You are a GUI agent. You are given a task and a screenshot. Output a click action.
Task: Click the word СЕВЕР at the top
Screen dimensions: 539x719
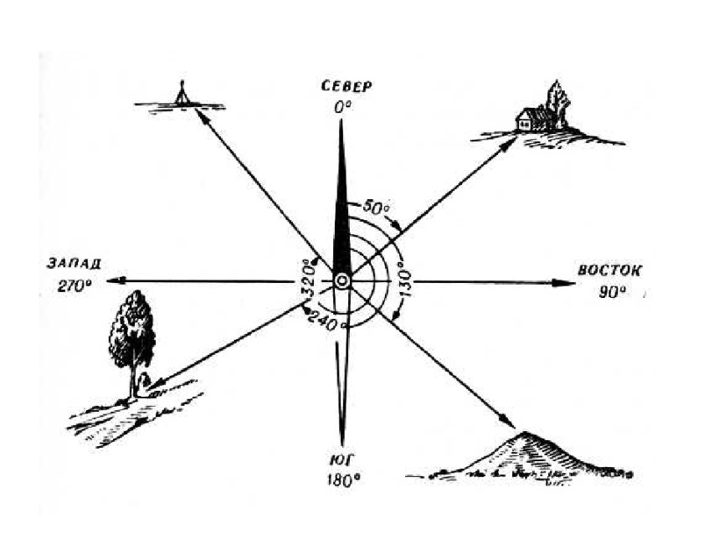click(x=347, y=86)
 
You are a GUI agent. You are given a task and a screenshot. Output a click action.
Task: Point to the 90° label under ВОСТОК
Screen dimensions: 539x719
click(x=609, y=292)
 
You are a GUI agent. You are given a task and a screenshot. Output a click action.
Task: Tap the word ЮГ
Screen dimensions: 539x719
click(x=343, y=461)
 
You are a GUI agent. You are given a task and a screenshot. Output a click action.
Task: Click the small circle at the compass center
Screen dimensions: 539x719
click(x=342, y=280)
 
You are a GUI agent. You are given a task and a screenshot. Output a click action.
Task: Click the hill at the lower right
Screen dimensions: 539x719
click(x=526, y=456)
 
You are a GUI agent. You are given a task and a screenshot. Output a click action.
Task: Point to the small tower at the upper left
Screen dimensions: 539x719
click(x=182, y=93)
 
